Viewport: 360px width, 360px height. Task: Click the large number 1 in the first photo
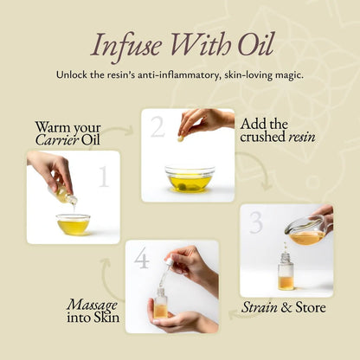pyautogui.click(x=104, y=177)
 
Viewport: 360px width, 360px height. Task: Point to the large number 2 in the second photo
pyautogui.click(x=157, y=127)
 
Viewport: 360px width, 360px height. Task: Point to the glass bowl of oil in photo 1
pyautogui.click(x=73, y=224)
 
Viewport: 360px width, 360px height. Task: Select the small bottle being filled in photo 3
pyautogui.click(x=285, y=274)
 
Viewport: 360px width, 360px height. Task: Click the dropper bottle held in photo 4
pyautogui.click(x=160, y=301)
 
